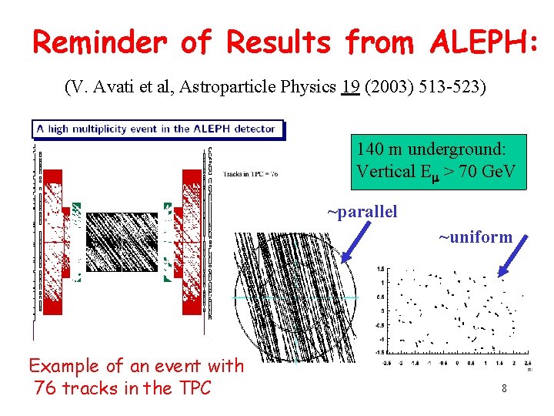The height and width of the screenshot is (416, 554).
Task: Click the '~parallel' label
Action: [x=362, y=212]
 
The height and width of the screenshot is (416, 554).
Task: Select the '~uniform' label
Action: [x=475, y=237]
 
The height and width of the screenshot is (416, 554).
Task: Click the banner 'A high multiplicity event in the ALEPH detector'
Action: [x=158, y=129]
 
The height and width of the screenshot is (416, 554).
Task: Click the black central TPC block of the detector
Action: [x=121, y=242]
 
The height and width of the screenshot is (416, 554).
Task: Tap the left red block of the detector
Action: [x=52, y=242]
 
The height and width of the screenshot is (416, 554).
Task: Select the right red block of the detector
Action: [x=191, y=242]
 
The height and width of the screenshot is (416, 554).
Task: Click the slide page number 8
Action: [x=504, y=388]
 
